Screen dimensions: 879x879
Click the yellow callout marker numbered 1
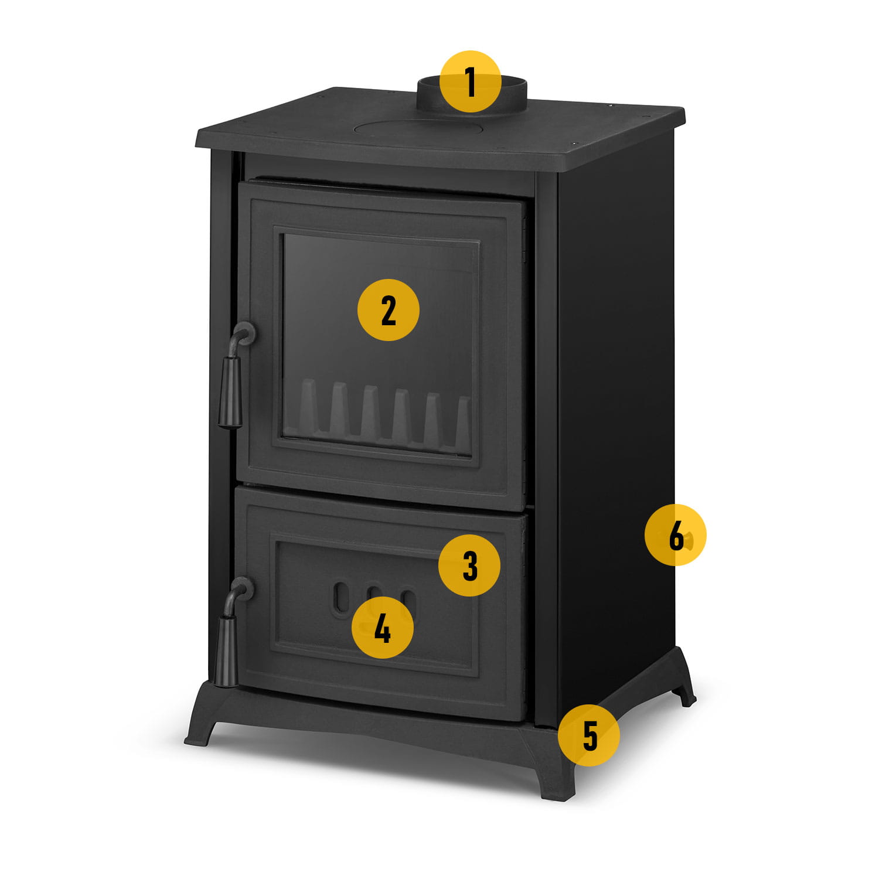click(x=471, y=81)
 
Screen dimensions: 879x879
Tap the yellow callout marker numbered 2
click(x=389, y=310)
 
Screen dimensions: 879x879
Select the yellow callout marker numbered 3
click(x=469, y=565)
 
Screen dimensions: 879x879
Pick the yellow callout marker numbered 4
click(x=383, y=628)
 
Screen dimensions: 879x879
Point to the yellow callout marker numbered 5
click(x=589, y=735)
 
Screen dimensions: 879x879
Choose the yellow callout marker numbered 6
click(x=676, y=534)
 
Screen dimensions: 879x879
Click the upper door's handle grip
click(x=230, y=391)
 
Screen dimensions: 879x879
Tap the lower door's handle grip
click(x=226, y=650)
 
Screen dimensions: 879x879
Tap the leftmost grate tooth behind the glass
click(x=308, y=406)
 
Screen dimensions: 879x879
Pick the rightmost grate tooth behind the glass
click(x=462, y=420)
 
